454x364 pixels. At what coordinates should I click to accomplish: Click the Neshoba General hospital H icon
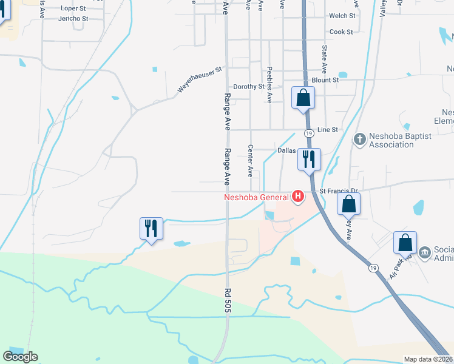pos(298,196)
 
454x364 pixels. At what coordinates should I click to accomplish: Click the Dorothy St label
pos(248,87)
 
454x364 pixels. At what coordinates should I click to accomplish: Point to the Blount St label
pos(325,80)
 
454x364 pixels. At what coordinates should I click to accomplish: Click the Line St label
pos(327,130)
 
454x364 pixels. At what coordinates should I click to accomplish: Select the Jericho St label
pos(73,19)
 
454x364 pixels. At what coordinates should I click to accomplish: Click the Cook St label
pos(341,32)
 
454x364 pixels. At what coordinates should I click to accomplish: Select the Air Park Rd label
pos(399,265)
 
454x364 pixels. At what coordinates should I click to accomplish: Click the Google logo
pos(20,357)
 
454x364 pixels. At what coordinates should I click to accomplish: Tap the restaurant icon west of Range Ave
pos(149,229)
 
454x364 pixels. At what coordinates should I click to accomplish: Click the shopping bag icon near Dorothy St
pos(303,98)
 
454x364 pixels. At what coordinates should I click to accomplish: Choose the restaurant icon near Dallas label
pos(309,160)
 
